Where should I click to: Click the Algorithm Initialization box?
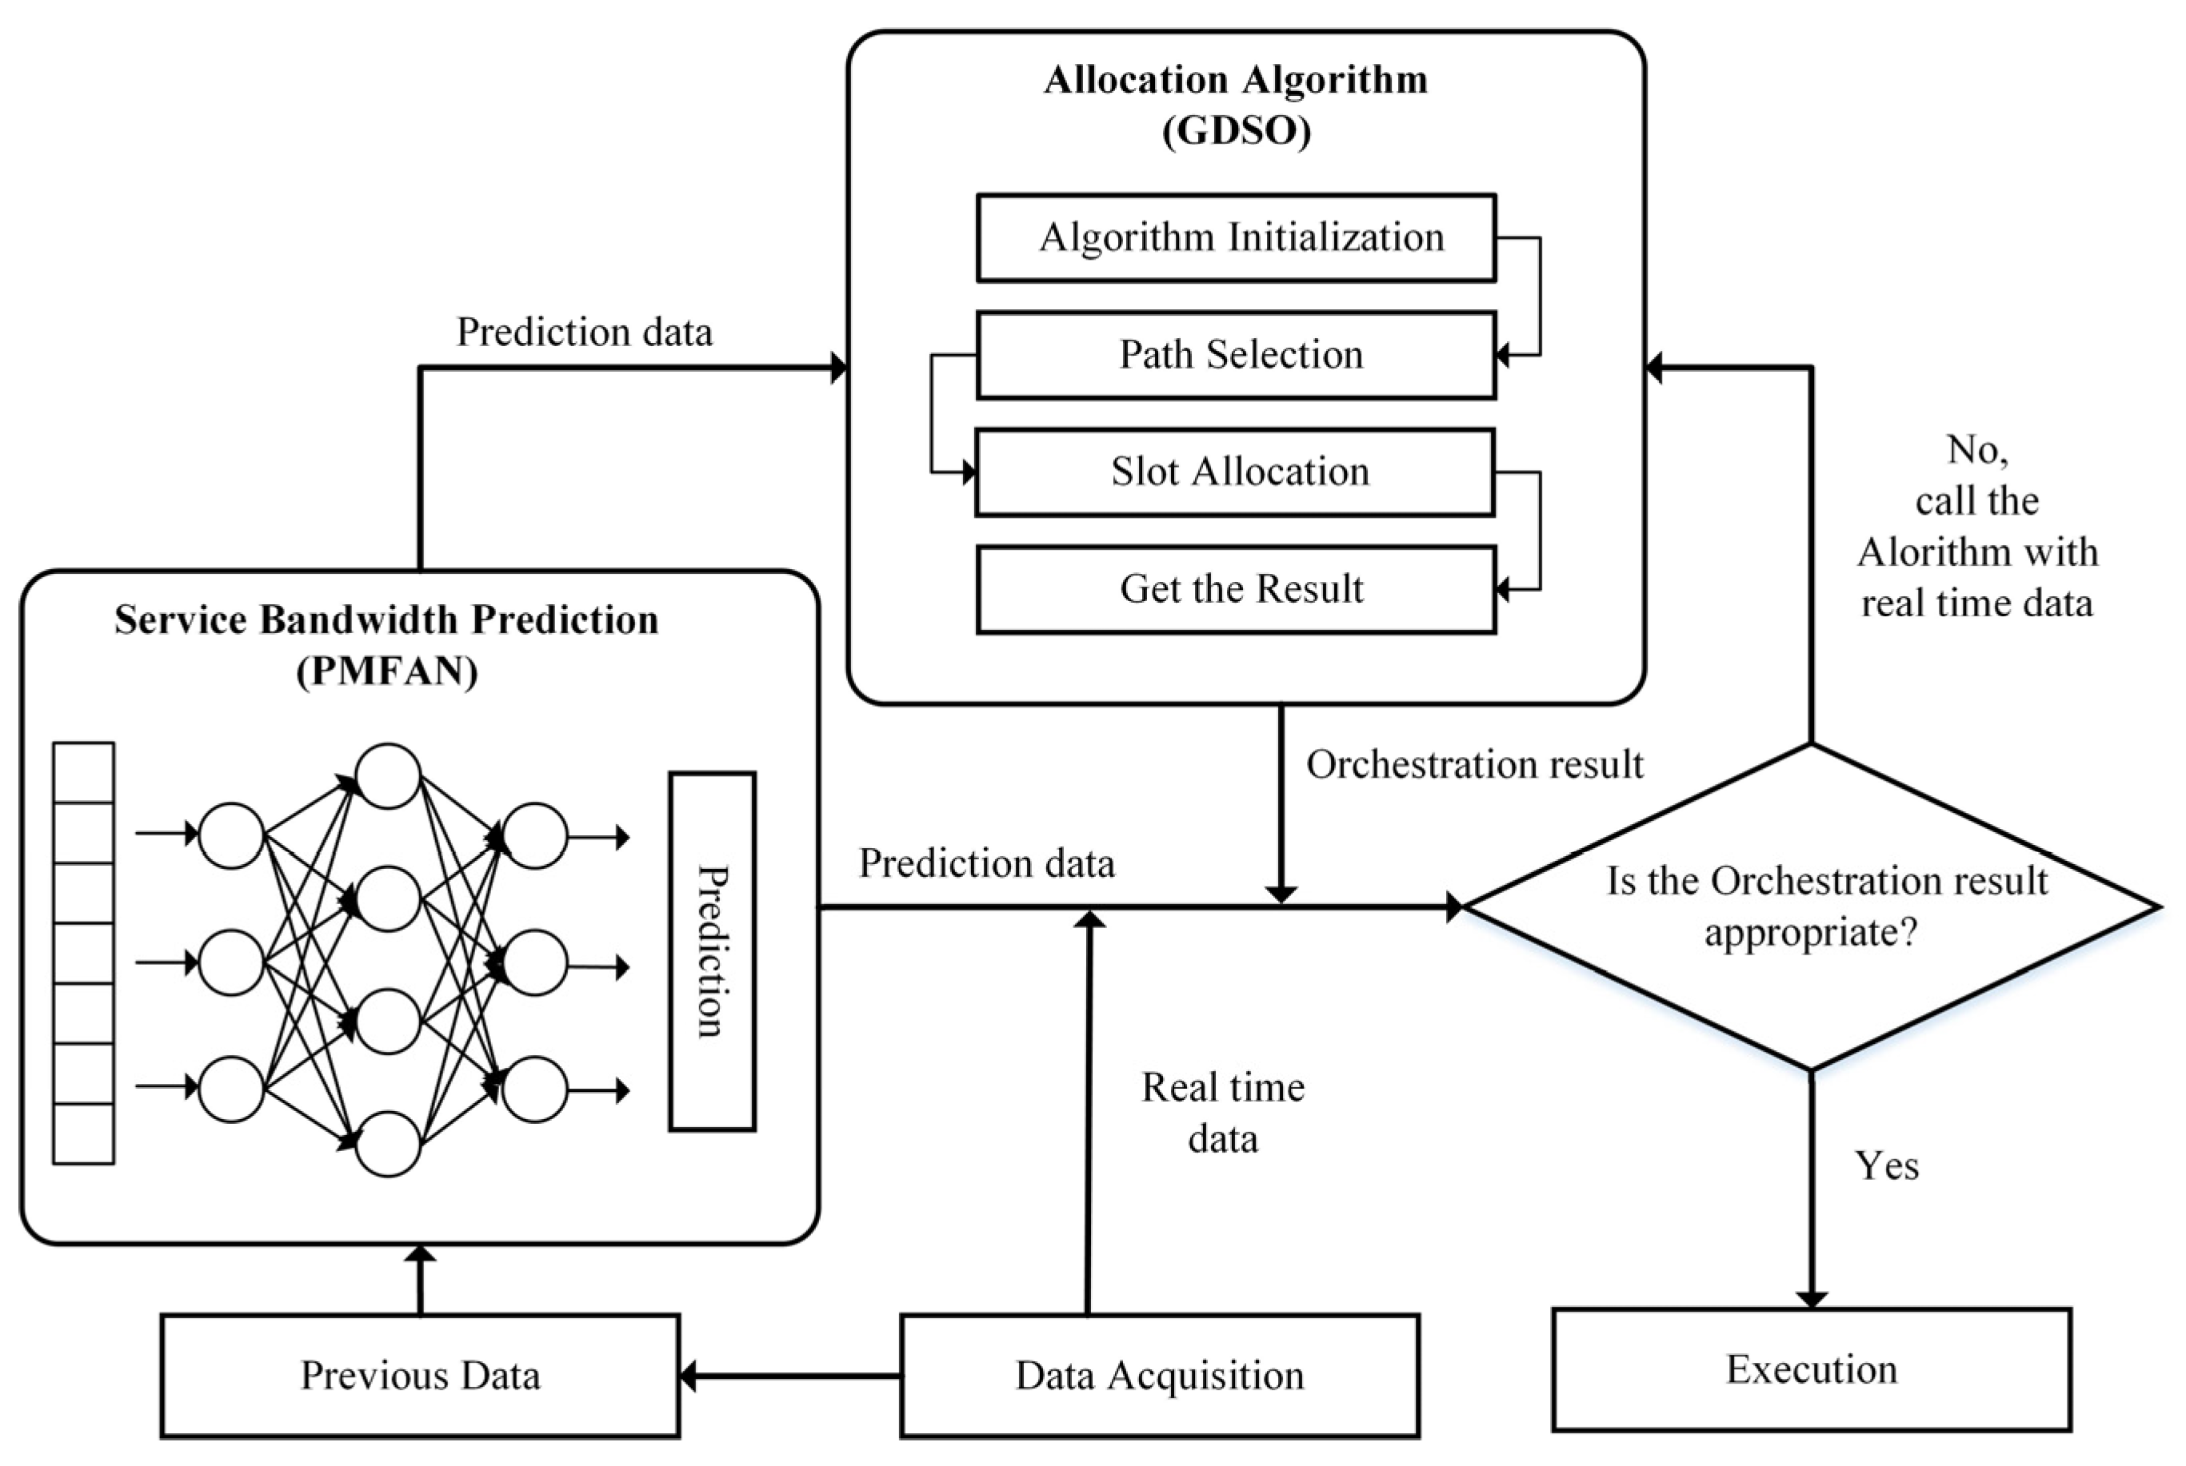point(1236,237)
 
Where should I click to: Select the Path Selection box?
point(1236,355)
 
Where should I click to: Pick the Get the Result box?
point(1236,590)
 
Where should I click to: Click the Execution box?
point(1811,1370)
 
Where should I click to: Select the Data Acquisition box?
point(1159,1376)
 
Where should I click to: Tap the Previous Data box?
point(420,1376)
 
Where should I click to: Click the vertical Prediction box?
point(712,951)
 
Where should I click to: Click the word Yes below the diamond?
point(1887,1166)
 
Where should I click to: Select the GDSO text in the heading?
point(1236,131)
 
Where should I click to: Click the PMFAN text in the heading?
point(386,671)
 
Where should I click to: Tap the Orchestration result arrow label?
point(1474,765)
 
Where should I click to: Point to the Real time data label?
point(1222,1113)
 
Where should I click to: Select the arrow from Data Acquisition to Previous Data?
point(790,1376)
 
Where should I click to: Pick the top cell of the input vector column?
point(84,772)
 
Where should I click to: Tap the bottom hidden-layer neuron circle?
point(388,1143)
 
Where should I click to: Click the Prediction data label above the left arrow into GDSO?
point(584,332)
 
